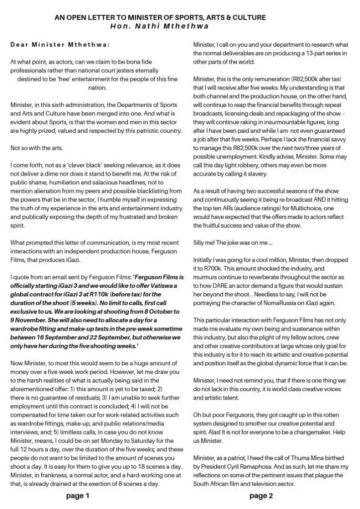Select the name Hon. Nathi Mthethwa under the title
click(160, 26)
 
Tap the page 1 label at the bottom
click(79, 496)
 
